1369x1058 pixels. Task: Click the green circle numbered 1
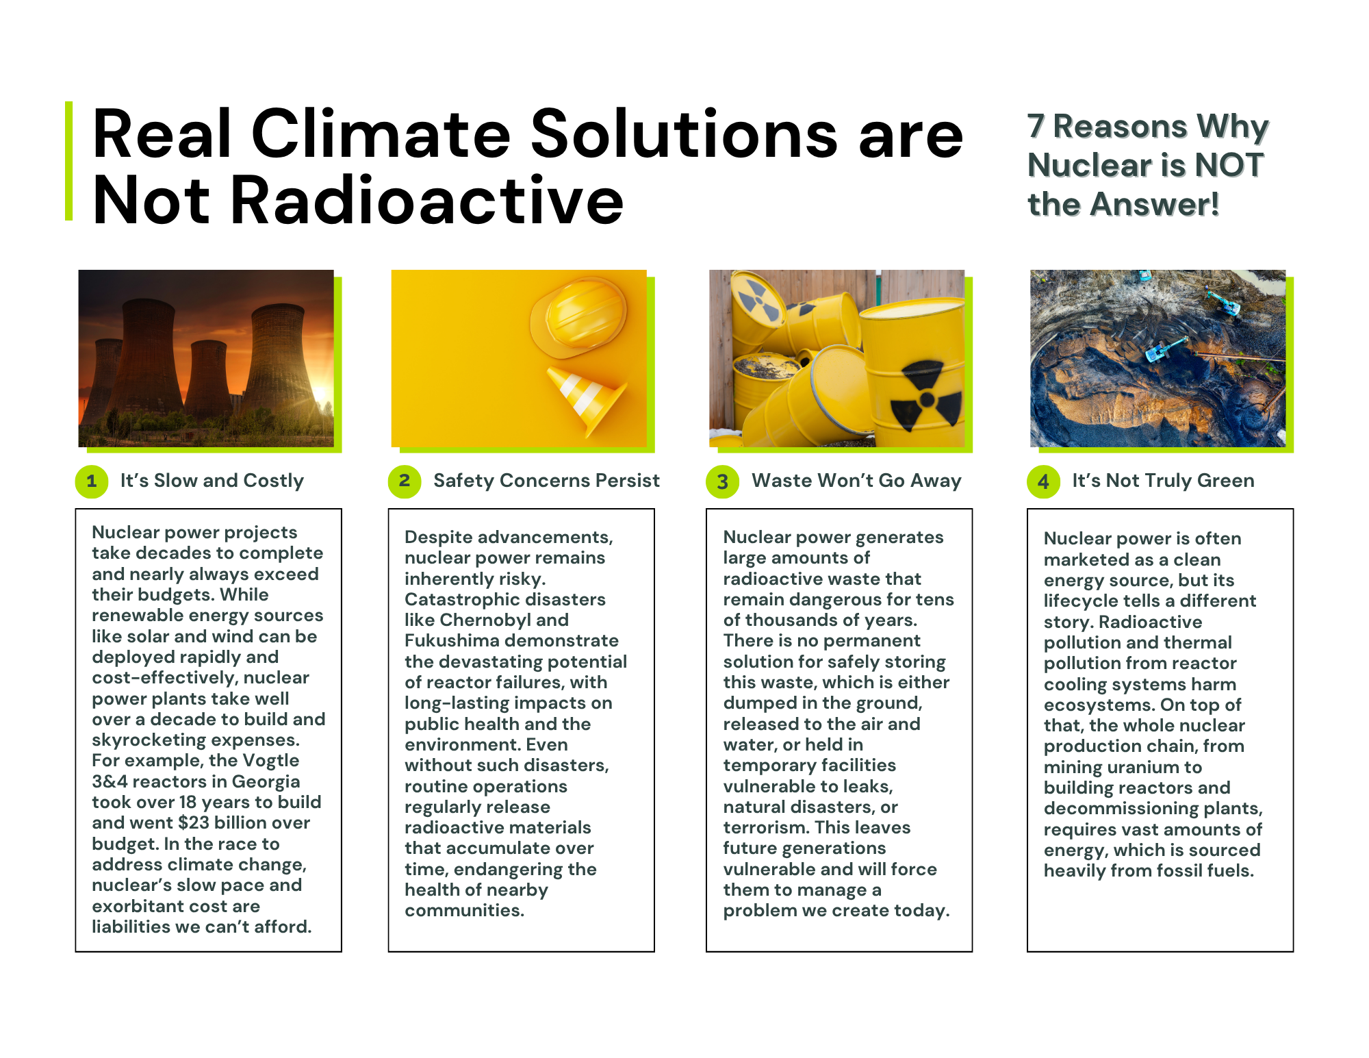click(x=92, y=481)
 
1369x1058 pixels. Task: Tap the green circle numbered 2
click(x=405, y=481)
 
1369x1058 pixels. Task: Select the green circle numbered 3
click(x=722, y=481)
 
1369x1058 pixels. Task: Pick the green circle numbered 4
click(x=1043, y=481)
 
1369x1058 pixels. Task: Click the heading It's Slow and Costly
click(x=212, y=481)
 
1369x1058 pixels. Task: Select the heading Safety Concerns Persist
click(x=546, y=481)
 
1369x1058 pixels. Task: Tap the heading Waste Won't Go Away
click(x=856, y=481)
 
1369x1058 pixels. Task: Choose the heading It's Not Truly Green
click(x=1163, y=481)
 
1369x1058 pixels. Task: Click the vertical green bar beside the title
click(x=68, y=161)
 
